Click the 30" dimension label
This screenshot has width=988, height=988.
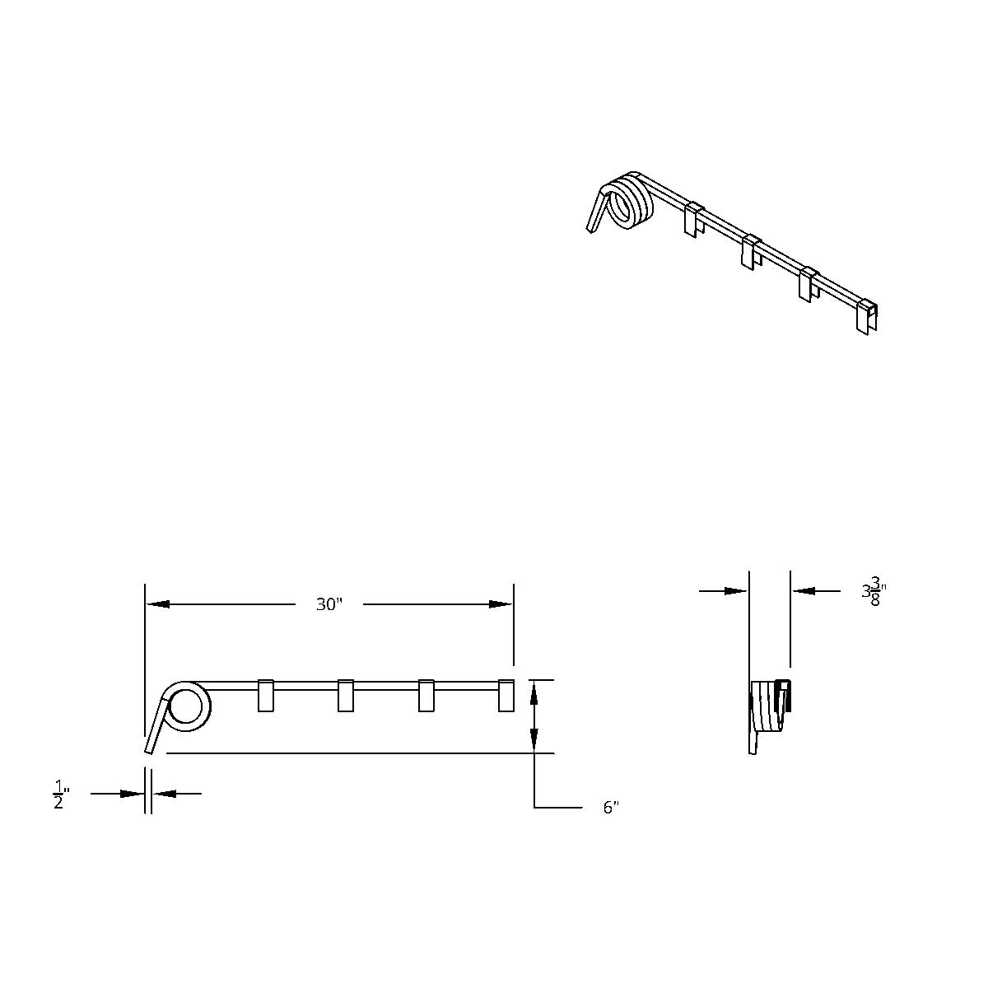(329, 604)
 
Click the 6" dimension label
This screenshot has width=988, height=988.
(610, 808)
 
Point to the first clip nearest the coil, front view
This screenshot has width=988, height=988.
(265, 695)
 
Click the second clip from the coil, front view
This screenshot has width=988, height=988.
(346, 695)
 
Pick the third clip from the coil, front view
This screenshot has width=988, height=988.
(426, 695)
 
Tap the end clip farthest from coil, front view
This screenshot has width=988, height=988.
(507, 695)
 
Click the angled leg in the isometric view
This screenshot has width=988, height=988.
(597, 212)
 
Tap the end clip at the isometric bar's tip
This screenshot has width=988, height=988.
(866, 318)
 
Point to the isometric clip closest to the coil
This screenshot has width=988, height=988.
(693, 219)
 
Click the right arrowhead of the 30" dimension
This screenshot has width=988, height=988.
(501, 604)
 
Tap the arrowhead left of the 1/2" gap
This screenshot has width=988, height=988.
(133, 794)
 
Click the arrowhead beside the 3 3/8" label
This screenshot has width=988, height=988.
(804, 590)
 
